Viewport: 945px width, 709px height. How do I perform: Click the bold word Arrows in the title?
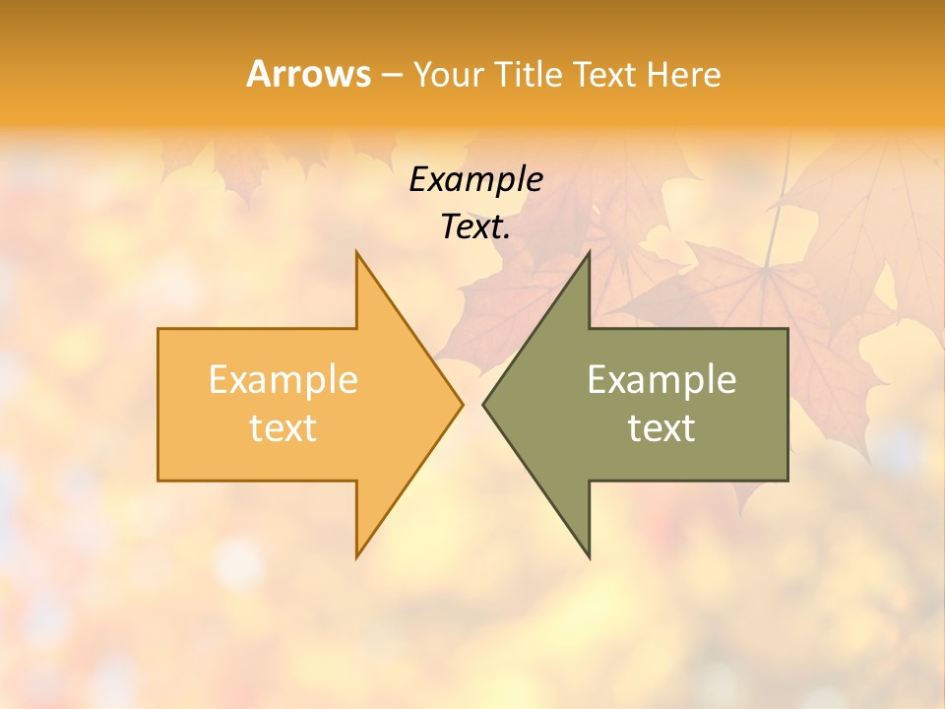[x=308, y=74]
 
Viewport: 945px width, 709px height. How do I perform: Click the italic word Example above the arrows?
[x=475, y=180]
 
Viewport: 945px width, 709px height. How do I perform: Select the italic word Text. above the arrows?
[x=475, y=227]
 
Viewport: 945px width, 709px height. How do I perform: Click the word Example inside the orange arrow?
[x=283, y=380]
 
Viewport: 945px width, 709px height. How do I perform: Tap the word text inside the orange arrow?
[x=283, y=427]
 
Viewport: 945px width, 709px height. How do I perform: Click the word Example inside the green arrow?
[x=661, y=380]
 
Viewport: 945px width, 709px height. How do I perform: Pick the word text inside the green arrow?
[x=661, y=427]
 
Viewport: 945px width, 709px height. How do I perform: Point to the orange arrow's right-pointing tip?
[x=463, y=404]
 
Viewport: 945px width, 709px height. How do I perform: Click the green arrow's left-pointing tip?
[x=482, y=404]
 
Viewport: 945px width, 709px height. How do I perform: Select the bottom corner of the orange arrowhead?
[x=356, y=557]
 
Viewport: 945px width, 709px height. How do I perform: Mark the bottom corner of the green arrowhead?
[x=589, y=557]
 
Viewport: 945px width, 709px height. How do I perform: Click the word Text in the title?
[x=604, y=75]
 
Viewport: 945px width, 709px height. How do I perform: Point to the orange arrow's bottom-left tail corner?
[x=158, y=481]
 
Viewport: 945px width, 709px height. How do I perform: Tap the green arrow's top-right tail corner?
[x=787, y=329]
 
